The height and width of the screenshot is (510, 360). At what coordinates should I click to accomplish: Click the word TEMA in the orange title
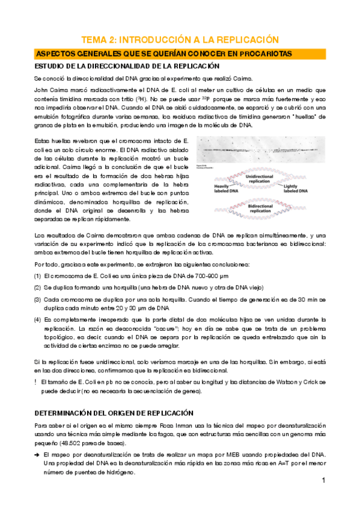[x=96, y=40]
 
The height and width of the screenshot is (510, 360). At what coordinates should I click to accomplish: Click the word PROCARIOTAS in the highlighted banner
[x=261, y=54]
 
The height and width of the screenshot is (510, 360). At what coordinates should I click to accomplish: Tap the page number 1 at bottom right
[x=323, y=481]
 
